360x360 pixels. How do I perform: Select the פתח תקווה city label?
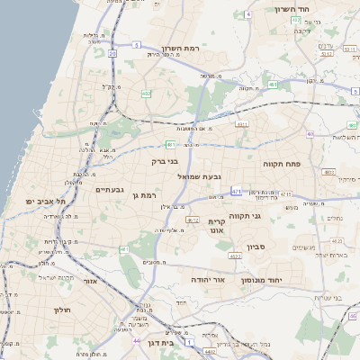pos(285,165)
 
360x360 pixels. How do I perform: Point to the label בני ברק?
pos(165,162)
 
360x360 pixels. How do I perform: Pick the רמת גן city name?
pos(143,195)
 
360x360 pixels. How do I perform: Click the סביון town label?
pos(258,246)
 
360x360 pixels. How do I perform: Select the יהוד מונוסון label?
pos(262,280)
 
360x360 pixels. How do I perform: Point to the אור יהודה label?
pos(209,280)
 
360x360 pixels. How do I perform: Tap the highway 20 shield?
pos(112,54)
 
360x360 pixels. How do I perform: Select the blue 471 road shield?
pos(236,192)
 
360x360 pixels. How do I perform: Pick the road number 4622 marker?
pos(235,256)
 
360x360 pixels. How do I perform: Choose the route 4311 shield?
pos(241,124)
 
